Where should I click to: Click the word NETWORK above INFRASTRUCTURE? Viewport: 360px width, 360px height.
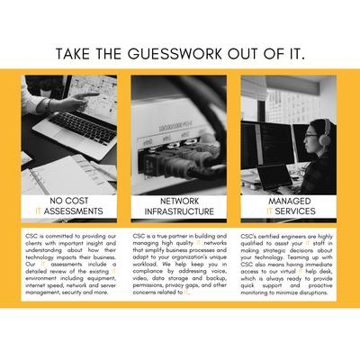click(x=179, y=201)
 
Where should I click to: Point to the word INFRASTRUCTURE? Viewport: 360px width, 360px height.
click(x=179, y=211)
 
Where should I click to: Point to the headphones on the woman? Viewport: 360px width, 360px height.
click(x=321, y=134)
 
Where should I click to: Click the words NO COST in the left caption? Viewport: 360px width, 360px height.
click(x=69, y=201)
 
